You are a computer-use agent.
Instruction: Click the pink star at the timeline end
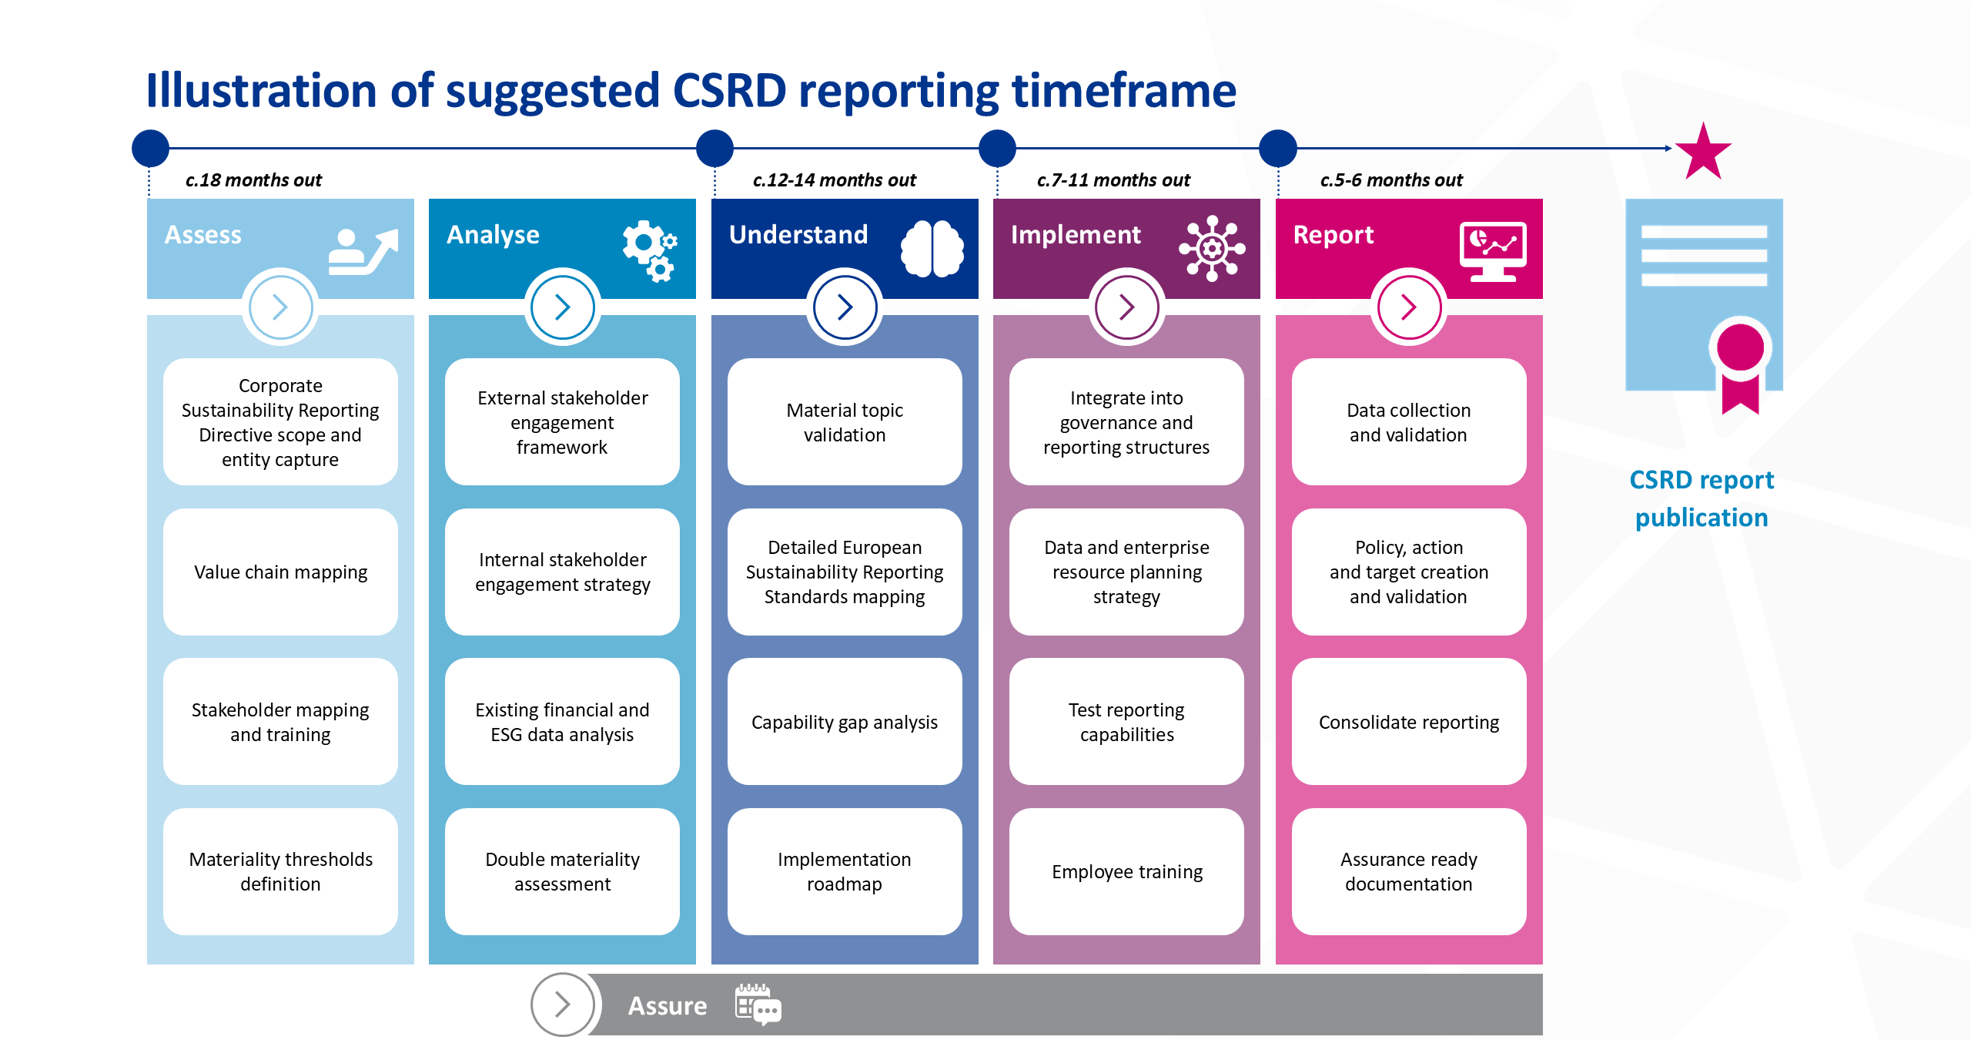pyautogui.click(x=1703, y=152)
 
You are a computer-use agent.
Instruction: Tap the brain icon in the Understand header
pyautogui.click(x=932, y=248)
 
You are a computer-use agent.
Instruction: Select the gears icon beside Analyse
pyautogui.click(x=649, y=250)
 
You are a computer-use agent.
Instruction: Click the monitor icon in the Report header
pyautogui.click(x=1493, y=250)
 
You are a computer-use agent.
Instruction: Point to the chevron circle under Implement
pyautogui.click(x=1126, y=307)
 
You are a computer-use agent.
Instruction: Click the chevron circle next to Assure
pyautogui.click(x=562, y=1005)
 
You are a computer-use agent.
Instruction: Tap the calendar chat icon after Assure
pyautogui.click(x=758, y=1004)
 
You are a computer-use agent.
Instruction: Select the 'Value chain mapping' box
pyautogui.click(x=280, y=572)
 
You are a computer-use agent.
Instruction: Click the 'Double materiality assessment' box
pyautogui.click(x=562, y=871)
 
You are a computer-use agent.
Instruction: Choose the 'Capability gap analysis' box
pyautogui.click(x=845, y=722)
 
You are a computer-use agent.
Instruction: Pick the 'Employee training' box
pyautogui.click(x=1126, y=871)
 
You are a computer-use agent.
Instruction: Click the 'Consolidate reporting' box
pyautogui.click(x=1408, y=722)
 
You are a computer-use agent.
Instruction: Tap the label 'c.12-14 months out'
pyautogui.click(x=834, y=180)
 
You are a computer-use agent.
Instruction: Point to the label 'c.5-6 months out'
pyautogui.click(x=1390, y=180)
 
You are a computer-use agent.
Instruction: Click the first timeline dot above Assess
pyautogui.click(x=150, y=148)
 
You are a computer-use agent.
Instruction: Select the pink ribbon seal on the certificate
pyautogui.click(x=1740, y=362)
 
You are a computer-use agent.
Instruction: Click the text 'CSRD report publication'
pyautogui.click(x=1701, y=498)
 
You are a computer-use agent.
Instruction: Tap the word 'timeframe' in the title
pyautogui.click(x=1123, y=91)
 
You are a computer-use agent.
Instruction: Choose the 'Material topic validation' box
pyautogui.click(x=845, y=422)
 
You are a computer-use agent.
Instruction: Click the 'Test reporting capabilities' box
pyautogui.click(x=1126, y=722)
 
